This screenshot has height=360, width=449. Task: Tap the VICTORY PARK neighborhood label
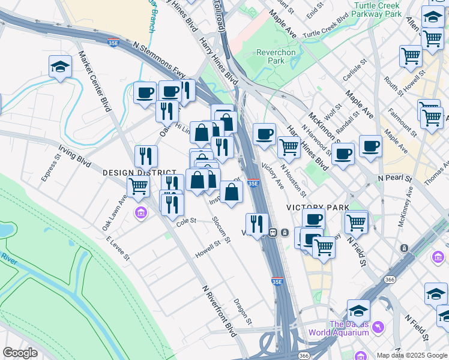pos(309,207)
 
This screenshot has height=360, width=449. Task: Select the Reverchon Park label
pos(276,56)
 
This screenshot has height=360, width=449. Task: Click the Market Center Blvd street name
pos(95,81)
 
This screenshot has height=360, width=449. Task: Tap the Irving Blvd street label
pos(74,155)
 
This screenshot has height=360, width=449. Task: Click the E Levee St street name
pos(118,248)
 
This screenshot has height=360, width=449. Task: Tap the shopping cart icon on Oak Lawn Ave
pos(138,187)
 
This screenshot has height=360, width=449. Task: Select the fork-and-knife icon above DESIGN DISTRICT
pos(146,156)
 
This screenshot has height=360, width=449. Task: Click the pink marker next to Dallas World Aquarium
pos(378,327)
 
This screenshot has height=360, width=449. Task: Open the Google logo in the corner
pos(20,353)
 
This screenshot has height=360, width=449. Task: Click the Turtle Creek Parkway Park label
pos(377,9)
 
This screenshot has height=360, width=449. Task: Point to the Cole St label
pos(186,221)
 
